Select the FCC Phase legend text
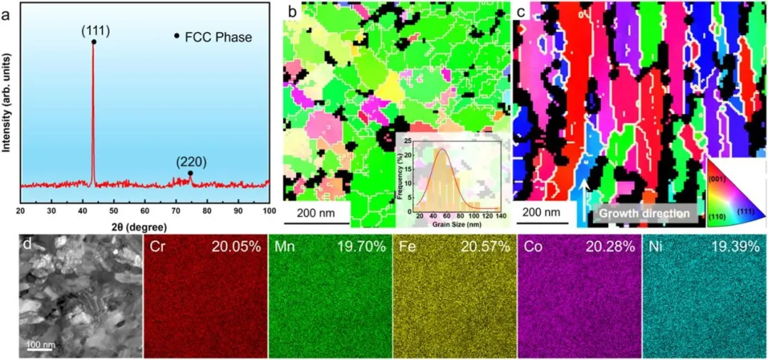(x=220, y=37)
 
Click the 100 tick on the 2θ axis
(x=268, y=212)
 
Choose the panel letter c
(x=521, y=11)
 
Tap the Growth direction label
(x=644, y=213)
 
